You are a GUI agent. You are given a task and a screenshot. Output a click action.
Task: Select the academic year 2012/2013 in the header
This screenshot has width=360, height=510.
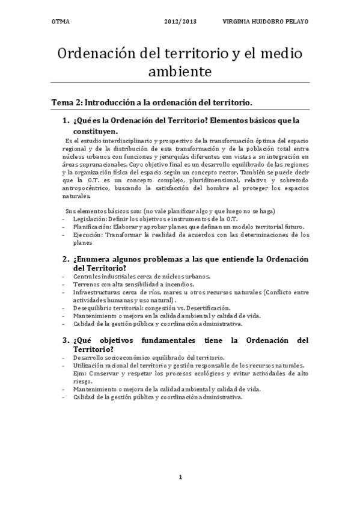click(x=180, y=21)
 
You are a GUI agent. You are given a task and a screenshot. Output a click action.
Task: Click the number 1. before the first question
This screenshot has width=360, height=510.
click(x=66, y=120)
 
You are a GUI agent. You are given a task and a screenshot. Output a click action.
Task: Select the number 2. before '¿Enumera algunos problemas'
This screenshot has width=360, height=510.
click(x=66, y=259)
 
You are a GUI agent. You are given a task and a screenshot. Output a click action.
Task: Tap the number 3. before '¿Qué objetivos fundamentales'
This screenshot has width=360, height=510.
click(x=66, y=340)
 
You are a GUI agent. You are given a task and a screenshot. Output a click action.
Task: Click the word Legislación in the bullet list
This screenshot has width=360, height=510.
click(x=90, y=219)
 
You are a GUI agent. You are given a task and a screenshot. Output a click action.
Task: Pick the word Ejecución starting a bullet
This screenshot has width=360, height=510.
click(x=87, y=235)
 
